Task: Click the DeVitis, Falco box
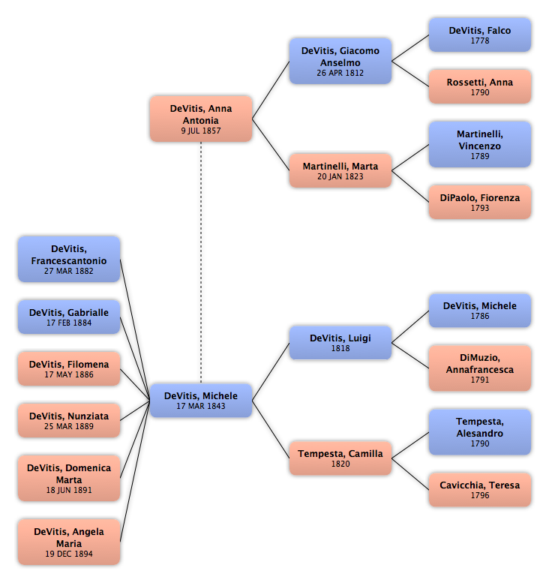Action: click(479, 35)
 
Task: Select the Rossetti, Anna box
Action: click(479, 86)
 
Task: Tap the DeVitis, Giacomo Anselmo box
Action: click(340, 61)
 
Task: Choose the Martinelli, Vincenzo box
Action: click(479, 144)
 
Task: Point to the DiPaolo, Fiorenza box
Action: click(479, 203)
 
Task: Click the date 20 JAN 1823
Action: click(340, 176)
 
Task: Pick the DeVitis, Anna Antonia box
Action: click(201, 119)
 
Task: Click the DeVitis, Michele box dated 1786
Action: click(479, 311)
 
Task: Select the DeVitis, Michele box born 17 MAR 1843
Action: click(201, 401)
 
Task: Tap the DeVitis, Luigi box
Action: click(340, 343)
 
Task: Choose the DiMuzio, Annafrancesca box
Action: click(479, 368)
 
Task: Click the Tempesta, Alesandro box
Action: click(479, 432)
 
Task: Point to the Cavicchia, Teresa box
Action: click(479, 490)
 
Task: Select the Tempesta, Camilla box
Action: click(340, 458)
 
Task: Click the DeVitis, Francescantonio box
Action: click(69, 259)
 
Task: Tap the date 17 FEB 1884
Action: click(69, 323)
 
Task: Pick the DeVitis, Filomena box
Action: click(69, 369)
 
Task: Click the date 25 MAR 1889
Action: click(69, 426)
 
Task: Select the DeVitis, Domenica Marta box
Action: click(69, 478)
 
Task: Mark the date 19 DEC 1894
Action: click(69, 554)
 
